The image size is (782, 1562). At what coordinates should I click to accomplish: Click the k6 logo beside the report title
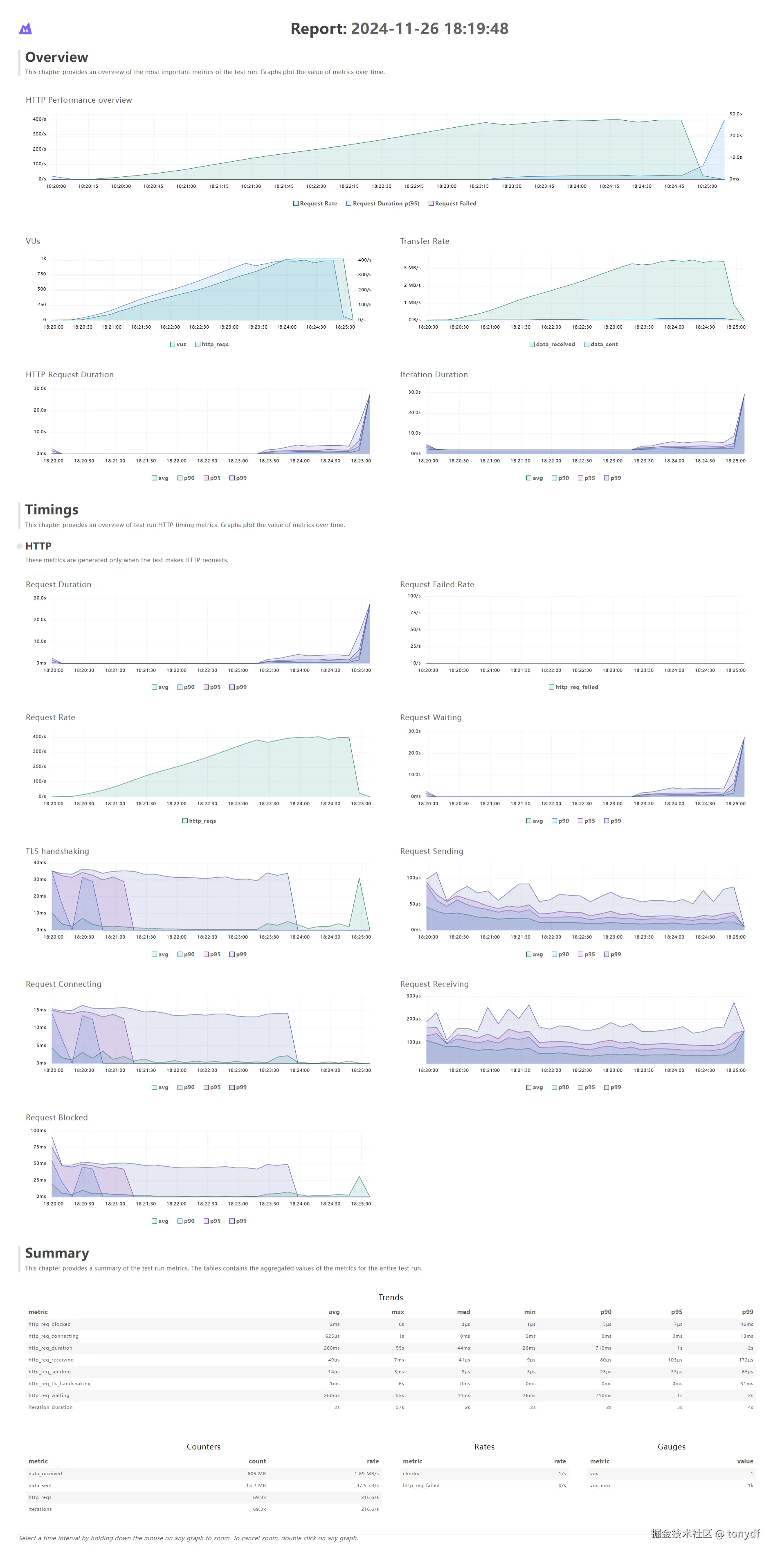click(x=25, y=29)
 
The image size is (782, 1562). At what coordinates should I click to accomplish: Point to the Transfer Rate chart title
click(x=425, y=241)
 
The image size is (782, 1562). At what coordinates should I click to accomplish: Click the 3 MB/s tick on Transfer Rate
click(x=412, y=267)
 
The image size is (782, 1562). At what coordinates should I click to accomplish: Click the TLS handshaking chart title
click(x=57, y=851)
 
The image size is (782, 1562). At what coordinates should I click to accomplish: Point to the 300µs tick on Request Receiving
click(x=413, y=996)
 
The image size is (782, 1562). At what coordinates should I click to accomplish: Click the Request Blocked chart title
click(x=56, y=1118)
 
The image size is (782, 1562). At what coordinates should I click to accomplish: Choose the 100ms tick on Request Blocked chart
click(x=38, y=1130)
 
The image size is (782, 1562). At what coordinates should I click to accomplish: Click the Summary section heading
click(x=57, y=1253)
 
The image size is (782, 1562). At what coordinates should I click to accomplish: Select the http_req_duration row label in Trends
click(x=50, y=1348)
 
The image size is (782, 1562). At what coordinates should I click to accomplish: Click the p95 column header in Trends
click(x=676, y=1312)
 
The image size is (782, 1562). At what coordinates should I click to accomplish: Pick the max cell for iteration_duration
click(x=400, y=1407)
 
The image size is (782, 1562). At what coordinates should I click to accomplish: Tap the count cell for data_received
click(x=256, y=1474)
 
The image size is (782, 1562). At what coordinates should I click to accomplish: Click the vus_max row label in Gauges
click(x=600, y=1485)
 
